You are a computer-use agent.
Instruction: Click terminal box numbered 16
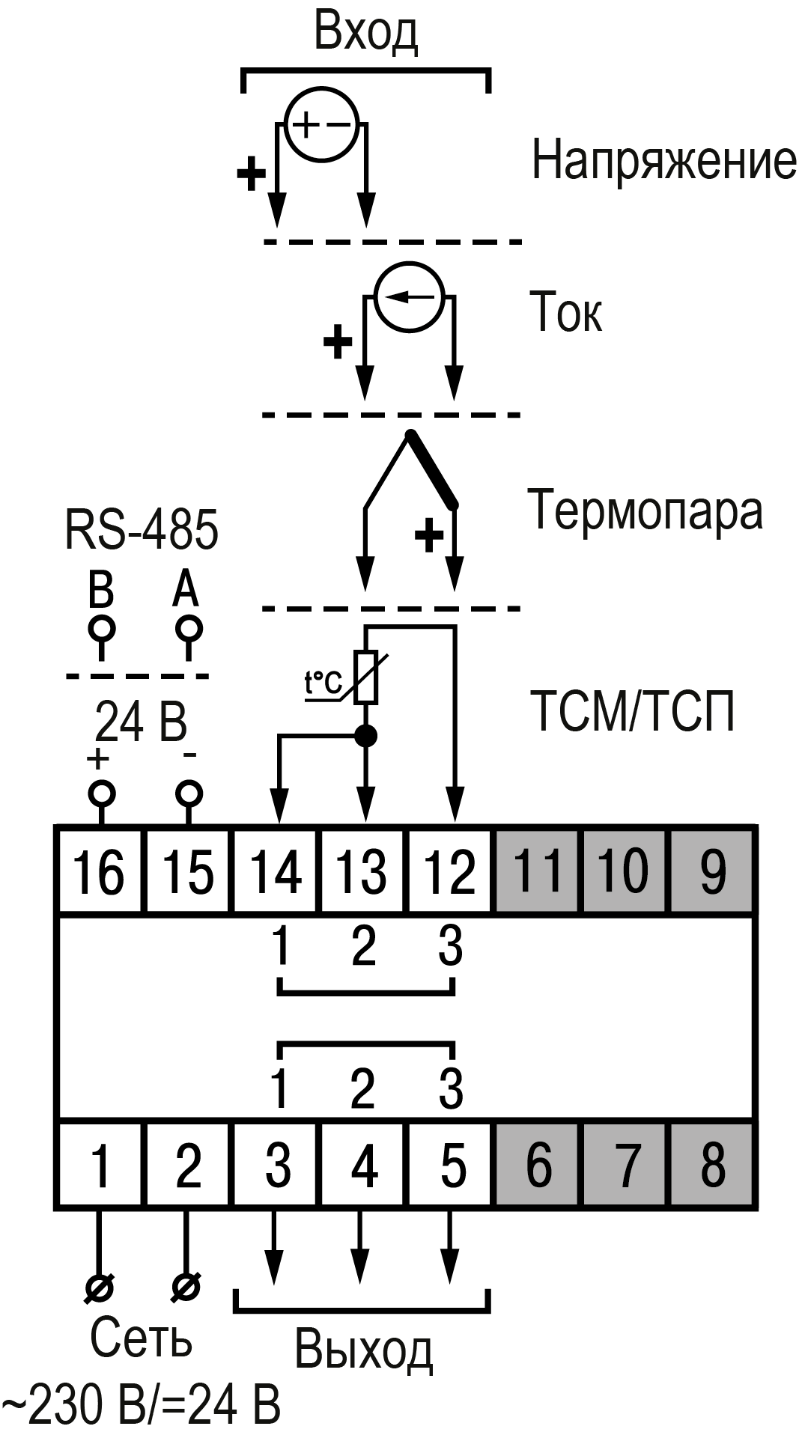(x=101, y=870)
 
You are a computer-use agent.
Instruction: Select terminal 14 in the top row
(x=278, y=870)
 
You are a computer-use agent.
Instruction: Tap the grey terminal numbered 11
(x=538, y=870)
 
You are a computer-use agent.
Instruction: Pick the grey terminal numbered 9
(x=712, y=870)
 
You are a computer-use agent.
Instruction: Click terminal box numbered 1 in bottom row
(x=101, y=1165)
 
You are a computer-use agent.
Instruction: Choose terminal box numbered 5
(x=452, y=1165)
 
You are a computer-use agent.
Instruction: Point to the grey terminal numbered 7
(x=627, y=1165)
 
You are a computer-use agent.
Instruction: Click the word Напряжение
(x=663, y=162)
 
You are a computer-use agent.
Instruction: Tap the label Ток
(x=565, y=312)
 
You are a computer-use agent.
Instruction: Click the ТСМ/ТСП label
(x=633, y=711)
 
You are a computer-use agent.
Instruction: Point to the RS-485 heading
(x=142, y=529)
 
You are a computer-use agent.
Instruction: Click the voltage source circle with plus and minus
(x=322, y=124)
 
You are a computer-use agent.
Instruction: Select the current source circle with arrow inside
(x=409, y=296)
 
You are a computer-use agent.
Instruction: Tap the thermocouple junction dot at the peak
(x=409, y=433)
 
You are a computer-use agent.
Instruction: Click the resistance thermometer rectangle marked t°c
(x=366, y=678)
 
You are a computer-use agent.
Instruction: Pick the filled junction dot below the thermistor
(x=365, y=737)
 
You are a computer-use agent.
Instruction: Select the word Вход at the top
(x=365, y=34)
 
